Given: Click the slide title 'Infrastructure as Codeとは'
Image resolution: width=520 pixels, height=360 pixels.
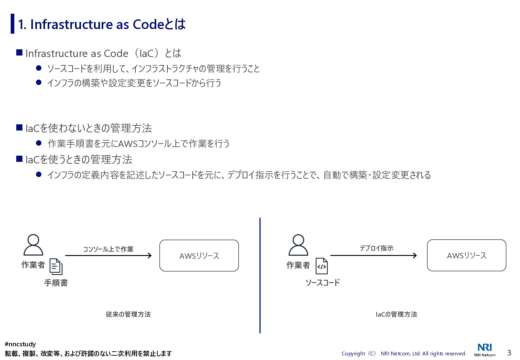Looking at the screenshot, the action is coord(102,24).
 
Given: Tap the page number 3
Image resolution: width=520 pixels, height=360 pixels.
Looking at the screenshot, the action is coord(509,353).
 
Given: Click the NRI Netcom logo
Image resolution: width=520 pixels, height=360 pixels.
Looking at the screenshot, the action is coord(485,349).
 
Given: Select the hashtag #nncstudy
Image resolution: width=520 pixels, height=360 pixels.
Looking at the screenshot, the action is coord(20,344).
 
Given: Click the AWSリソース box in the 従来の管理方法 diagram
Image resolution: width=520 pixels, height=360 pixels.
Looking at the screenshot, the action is coord(199,256).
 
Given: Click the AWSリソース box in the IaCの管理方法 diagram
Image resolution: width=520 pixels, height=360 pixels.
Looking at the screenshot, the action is coord(466,255).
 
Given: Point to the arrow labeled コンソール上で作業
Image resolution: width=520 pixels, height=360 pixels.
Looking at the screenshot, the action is coord(108,256).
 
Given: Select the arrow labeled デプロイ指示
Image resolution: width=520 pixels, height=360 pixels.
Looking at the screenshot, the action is coord(373,256).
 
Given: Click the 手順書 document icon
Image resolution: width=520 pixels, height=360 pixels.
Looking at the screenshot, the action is coord(56,267).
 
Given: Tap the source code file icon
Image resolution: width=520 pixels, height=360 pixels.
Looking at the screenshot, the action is coord(322,266).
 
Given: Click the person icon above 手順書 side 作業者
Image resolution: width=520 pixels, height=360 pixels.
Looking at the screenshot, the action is coord(33,245).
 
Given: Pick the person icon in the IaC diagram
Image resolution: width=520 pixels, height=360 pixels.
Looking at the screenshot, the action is coord(298,245).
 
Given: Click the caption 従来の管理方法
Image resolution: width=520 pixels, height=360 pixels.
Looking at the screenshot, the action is coord(128,314).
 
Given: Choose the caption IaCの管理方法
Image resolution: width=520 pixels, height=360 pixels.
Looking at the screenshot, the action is coord(396,314).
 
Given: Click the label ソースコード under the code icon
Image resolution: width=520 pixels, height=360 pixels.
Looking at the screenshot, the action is coord(323,283).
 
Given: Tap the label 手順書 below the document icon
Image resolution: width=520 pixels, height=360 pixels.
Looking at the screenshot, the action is coord(56,283).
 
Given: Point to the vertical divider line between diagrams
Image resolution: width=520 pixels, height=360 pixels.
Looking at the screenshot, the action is coord(260,275).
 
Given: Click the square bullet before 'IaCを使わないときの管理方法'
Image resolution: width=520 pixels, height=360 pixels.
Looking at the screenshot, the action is coord(19,128).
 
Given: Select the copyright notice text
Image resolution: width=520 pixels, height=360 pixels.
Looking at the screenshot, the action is coord(404,353).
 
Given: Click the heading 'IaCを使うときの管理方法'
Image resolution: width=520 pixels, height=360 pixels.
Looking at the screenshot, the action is coord(79,159).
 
